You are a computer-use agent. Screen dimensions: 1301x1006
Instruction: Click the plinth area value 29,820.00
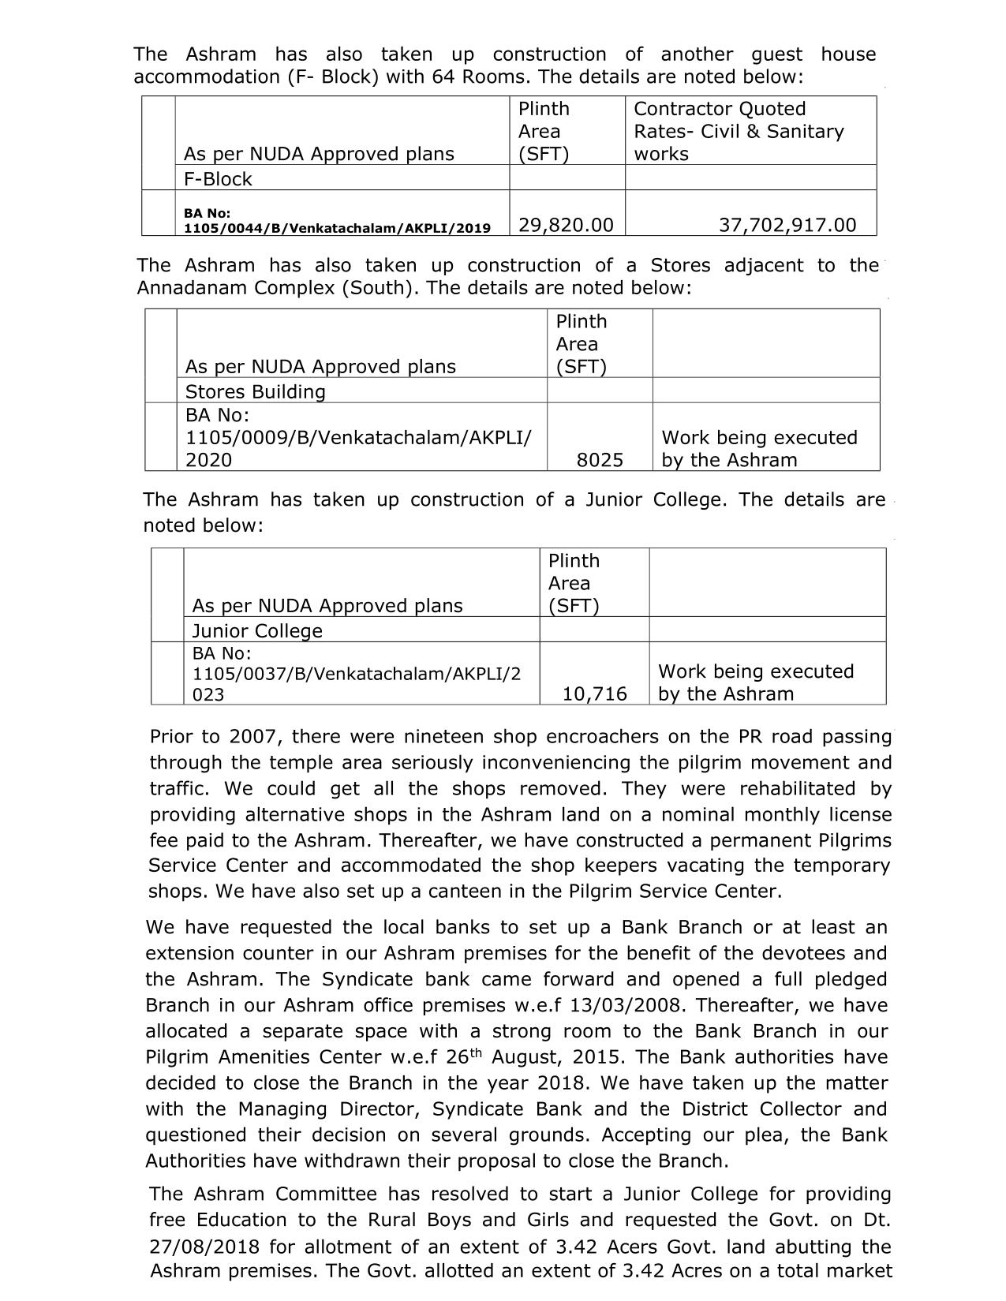tap(566, 226)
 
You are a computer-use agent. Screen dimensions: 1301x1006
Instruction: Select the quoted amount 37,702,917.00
tap(787, 226)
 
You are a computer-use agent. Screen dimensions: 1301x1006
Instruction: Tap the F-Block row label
tap(218, 179)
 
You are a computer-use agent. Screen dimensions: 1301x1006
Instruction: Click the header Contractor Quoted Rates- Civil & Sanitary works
tap(739, 131)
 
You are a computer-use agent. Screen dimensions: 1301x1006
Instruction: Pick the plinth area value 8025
tap(600, 460)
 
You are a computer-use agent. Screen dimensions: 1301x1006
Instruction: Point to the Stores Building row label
tap(255, 392)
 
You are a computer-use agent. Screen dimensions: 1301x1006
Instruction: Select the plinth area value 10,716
tap(595, 694)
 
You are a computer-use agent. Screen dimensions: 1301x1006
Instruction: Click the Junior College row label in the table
tap(257, 631)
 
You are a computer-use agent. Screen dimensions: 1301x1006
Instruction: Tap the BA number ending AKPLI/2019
tap(337, 221)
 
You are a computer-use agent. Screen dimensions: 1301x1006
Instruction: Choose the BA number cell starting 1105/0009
tap(358, 438)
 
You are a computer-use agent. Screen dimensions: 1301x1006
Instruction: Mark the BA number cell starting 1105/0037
tap(356, 674)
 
